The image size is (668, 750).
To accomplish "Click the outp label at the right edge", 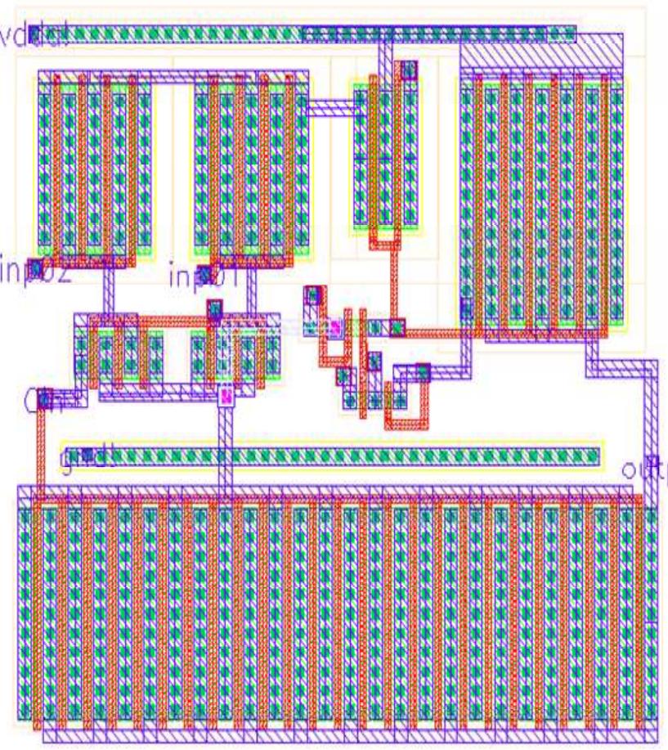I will pos(646,469).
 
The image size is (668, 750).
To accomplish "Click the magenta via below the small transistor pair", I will pos(226,397).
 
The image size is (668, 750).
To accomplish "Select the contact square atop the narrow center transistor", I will pos(406,70).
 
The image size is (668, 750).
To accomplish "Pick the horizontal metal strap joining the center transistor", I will pos(332,106).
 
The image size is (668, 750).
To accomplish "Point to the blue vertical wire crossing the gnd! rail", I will pos(226,454).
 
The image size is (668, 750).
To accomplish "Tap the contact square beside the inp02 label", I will pos(34,267).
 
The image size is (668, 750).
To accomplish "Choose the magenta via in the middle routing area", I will pos(334,328).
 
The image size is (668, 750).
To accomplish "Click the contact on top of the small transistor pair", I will pos(214,309).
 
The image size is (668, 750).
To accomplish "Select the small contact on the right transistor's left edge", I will pos(466,309).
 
